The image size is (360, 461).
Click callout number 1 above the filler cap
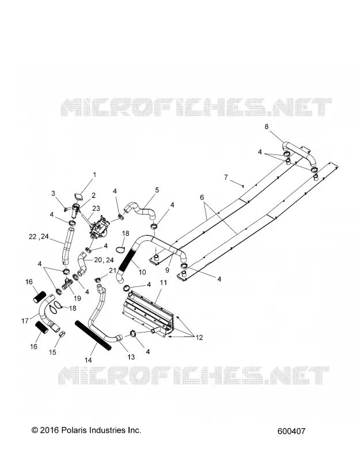coord(94,175)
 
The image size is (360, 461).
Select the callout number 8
coord(267,127)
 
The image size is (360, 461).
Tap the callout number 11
coord(164,282)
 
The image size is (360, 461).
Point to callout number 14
coord(88,360)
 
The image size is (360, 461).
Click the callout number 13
coord(131,357)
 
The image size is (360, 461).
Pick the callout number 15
coord(52,352)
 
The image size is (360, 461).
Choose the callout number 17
coord(25,321)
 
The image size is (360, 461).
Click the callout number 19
coord(77,298)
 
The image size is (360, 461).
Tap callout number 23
coord(96,209)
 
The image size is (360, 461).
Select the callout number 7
coord(226,177)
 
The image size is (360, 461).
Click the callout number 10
coord(142,272)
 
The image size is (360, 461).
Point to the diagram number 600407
coord(291,431)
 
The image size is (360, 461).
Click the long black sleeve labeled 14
coord(93,335)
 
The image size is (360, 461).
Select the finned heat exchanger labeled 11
coord(149,314)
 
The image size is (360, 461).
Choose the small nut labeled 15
coord(62,334)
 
